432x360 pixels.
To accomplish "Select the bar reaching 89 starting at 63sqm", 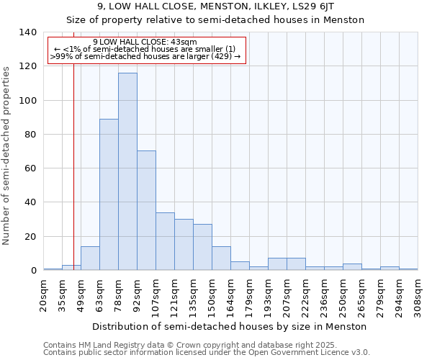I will [109, 194].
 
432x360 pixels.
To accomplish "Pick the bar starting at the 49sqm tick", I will [90, 258].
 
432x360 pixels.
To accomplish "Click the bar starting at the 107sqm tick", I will [165, 241].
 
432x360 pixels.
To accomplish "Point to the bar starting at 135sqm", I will [202, 247].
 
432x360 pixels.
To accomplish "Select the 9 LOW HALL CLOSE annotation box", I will [147, 50].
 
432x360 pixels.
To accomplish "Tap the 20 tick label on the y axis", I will [30, 237].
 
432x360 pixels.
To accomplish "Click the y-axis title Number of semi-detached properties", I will [6, 155].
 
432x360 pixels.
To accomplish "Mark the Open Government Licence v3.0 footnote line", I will [207, 353].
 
